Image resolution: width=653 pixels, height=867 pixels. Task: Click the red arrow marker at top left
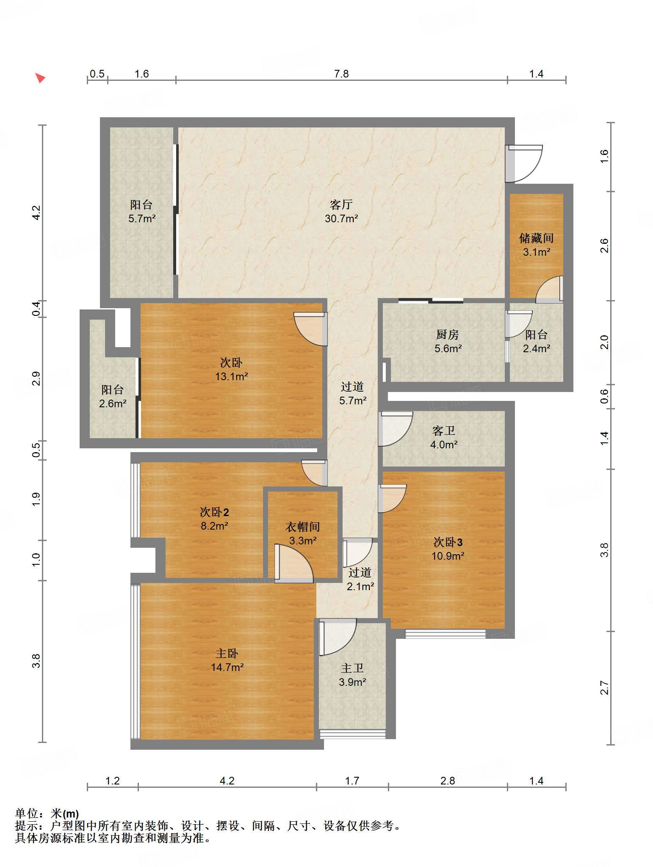click(x=40, y=78)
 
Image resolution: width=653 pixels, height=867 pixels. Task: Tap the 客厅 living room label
click(x=341, y=205)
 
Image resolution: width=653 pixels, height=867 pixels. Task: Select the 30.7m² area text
click(x=341, y=219)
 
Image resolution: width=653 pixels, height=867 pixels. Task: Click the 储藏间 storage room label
click(x=536, y=238)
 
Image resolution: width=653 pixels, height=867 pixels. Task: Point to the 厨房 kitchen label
click(x=448, y=335)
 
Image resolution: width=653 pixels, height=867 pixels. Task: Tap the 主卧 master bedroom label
click(x=227, y=654)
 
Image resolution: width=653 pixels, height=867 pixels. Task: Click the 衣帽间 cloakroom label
click(x=302, y=527)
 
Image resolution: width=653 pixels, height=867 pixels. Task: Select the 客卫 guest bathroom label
click(x=443, y=431)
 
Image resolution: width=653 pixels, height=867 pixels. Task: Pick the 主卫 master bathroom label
click(x=352, y=668)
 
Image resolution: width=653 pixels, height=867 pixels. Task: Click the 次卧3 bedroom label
click(x=448, y=542)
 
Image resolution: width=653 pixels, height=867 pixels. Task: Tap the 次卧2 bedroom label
click(x=214, y=512)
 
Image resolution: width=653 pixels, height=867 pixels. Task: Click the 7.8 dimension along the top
click(x=341, y=74)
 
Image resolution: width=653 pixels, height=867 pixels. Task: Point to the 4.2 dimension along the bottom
click(x=227, y=781)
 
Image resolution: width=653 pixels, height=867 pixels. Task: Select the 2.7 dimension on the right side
click(x=604, y=688)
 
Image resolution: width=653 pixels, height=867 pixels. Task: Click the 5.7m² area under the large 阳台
click(x=142, y=219)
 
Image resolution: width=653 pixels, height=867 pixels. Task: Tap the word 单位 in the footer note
click(x=26, y=814)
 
